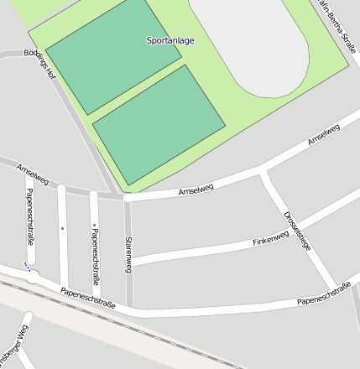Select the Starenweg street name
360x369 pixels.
click(128, 254)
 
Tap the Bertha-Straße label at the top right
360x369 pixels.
click(337, 25)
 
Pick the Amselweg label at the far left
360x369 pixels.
click(34, 175)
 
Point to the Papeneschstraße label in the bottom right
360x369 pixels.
click(323, 293)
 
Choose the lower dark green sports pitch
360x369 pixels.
click(159, 124)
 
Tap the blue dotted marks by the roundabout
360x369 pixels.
click(28, 268)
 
